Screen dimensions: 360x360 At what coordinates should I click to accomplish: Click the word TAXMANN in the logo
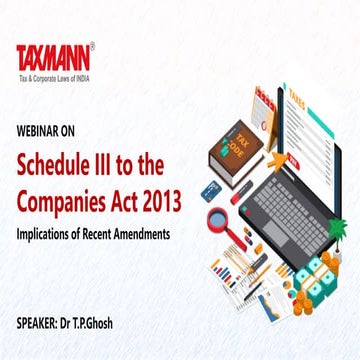click(x=52, y=58)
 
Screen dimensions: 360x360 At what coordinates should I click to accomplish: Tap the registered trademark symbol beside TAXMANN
click(x=92, y=45)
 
